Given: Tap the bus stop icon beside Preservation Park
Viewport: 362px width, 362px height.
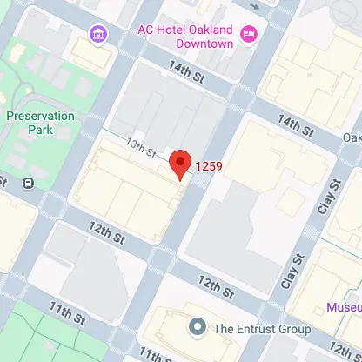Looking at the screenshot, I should [29, 183].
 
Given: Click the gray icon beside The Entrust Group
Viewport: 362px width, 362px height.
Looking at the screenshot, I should [198, 328].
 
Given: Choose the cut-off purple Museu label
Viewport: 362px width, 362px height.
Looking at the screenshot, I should [345, 307].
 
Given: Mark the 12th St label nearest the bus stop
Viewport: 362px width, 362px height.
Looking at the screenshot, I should [108, 233].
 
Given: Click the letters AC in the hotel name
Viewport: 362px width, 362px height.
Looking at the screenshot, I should [146, 27].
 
